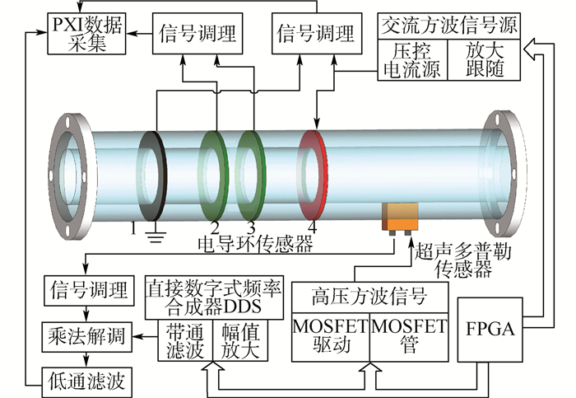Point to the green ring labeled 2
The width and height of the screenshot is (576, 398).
pyautogui.click(x=216, y=176)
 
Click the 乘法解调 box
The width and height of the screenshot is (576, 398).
pyautogui.click(x=86, y=335)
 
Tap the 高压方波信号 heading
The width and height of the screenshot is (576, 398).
pyautogui.click(x=369, y=295)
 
